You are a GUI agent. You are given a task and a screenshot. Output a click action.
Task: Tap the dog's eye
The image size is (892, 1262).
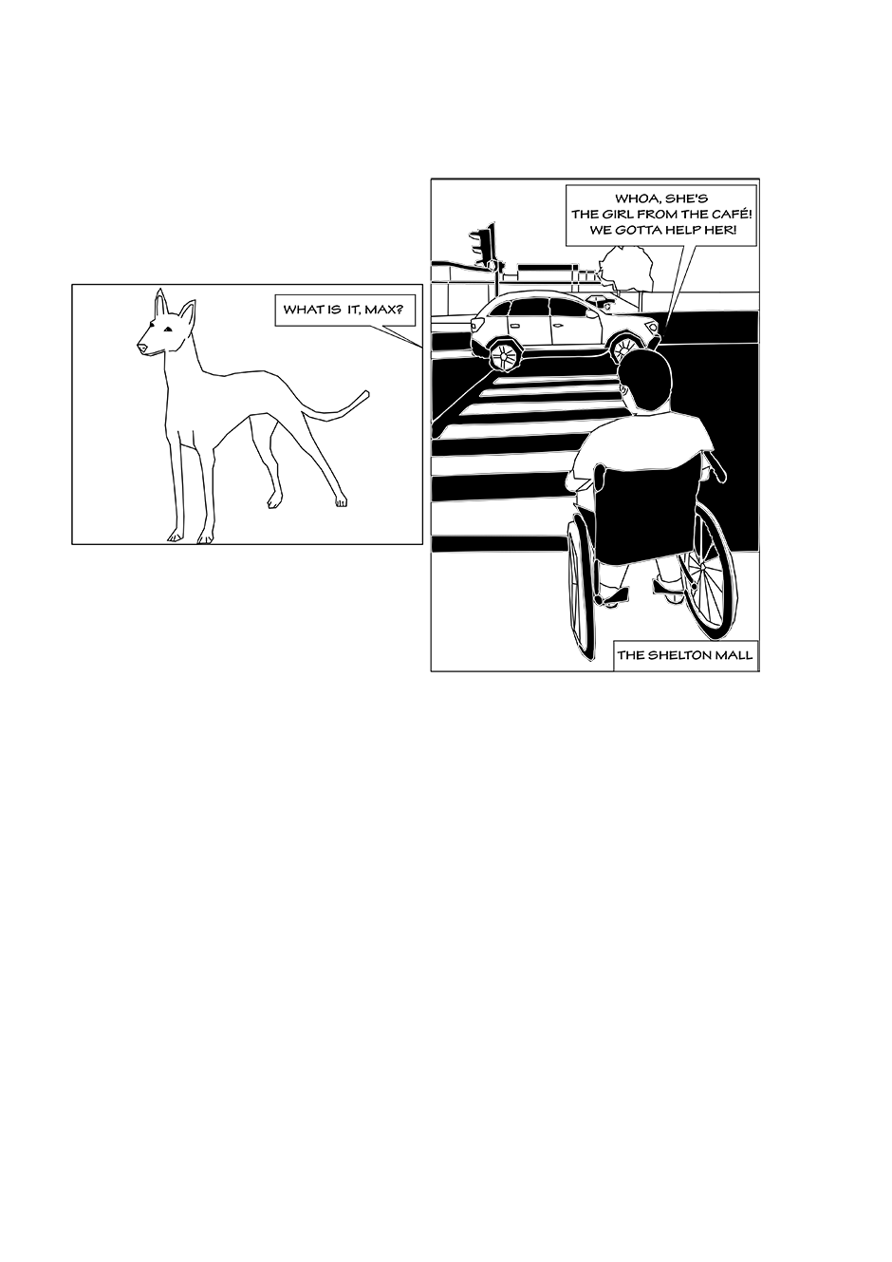pyautogui.click(x=167, y=330)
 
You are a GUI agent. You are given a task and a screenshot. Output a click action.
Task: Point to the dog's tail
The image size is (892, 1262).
pyautogui.click(x=337, y=407)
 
